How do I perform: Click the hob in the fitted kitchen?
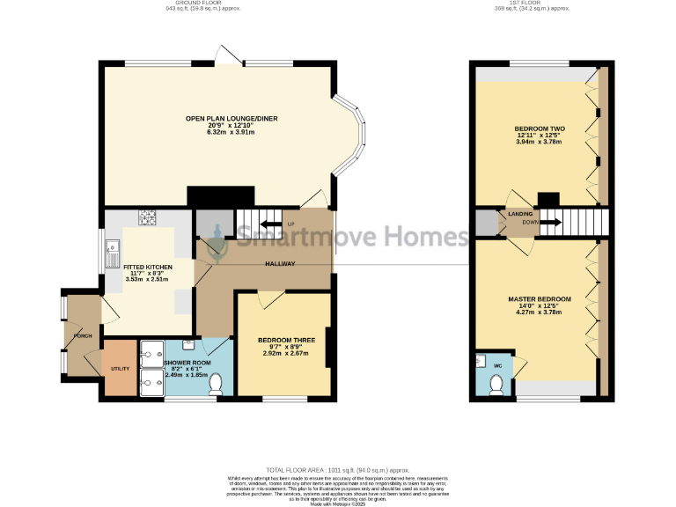146,217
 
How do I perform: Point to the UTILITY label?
120,369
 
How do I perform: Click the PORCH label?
84,336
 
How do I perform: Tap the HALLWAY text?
280,264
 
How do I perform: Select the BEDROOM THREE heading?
282,340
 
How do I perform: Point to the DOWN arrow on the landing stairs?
554,223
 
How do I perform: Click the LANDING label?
518,214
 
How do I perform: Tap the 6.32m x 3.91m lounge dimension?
219,132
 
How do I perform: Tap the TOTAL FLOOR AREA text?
337,471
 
